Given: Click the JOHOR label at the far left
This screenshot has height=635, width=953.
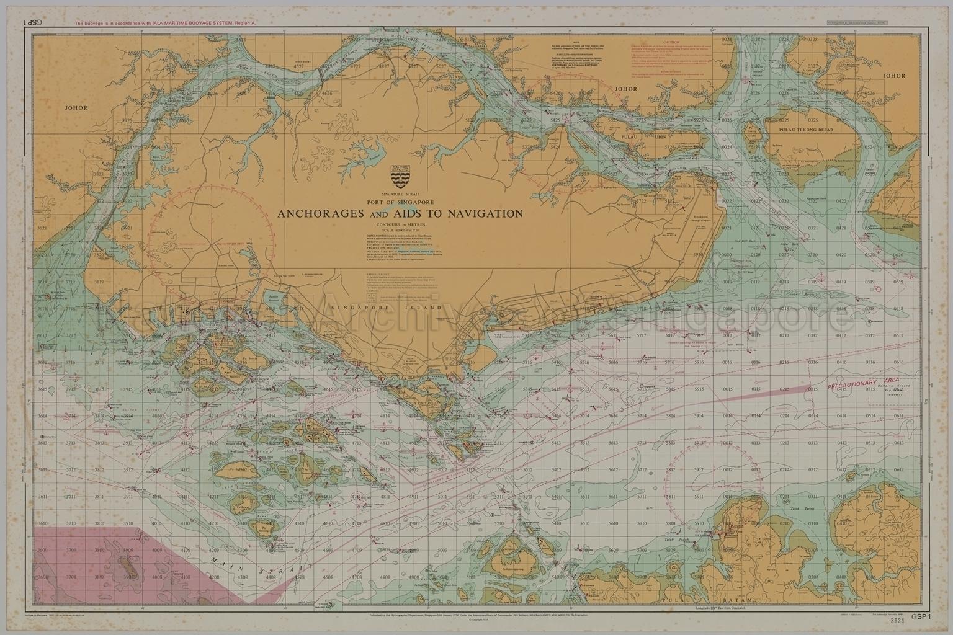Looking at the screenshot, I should [76, 107].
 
